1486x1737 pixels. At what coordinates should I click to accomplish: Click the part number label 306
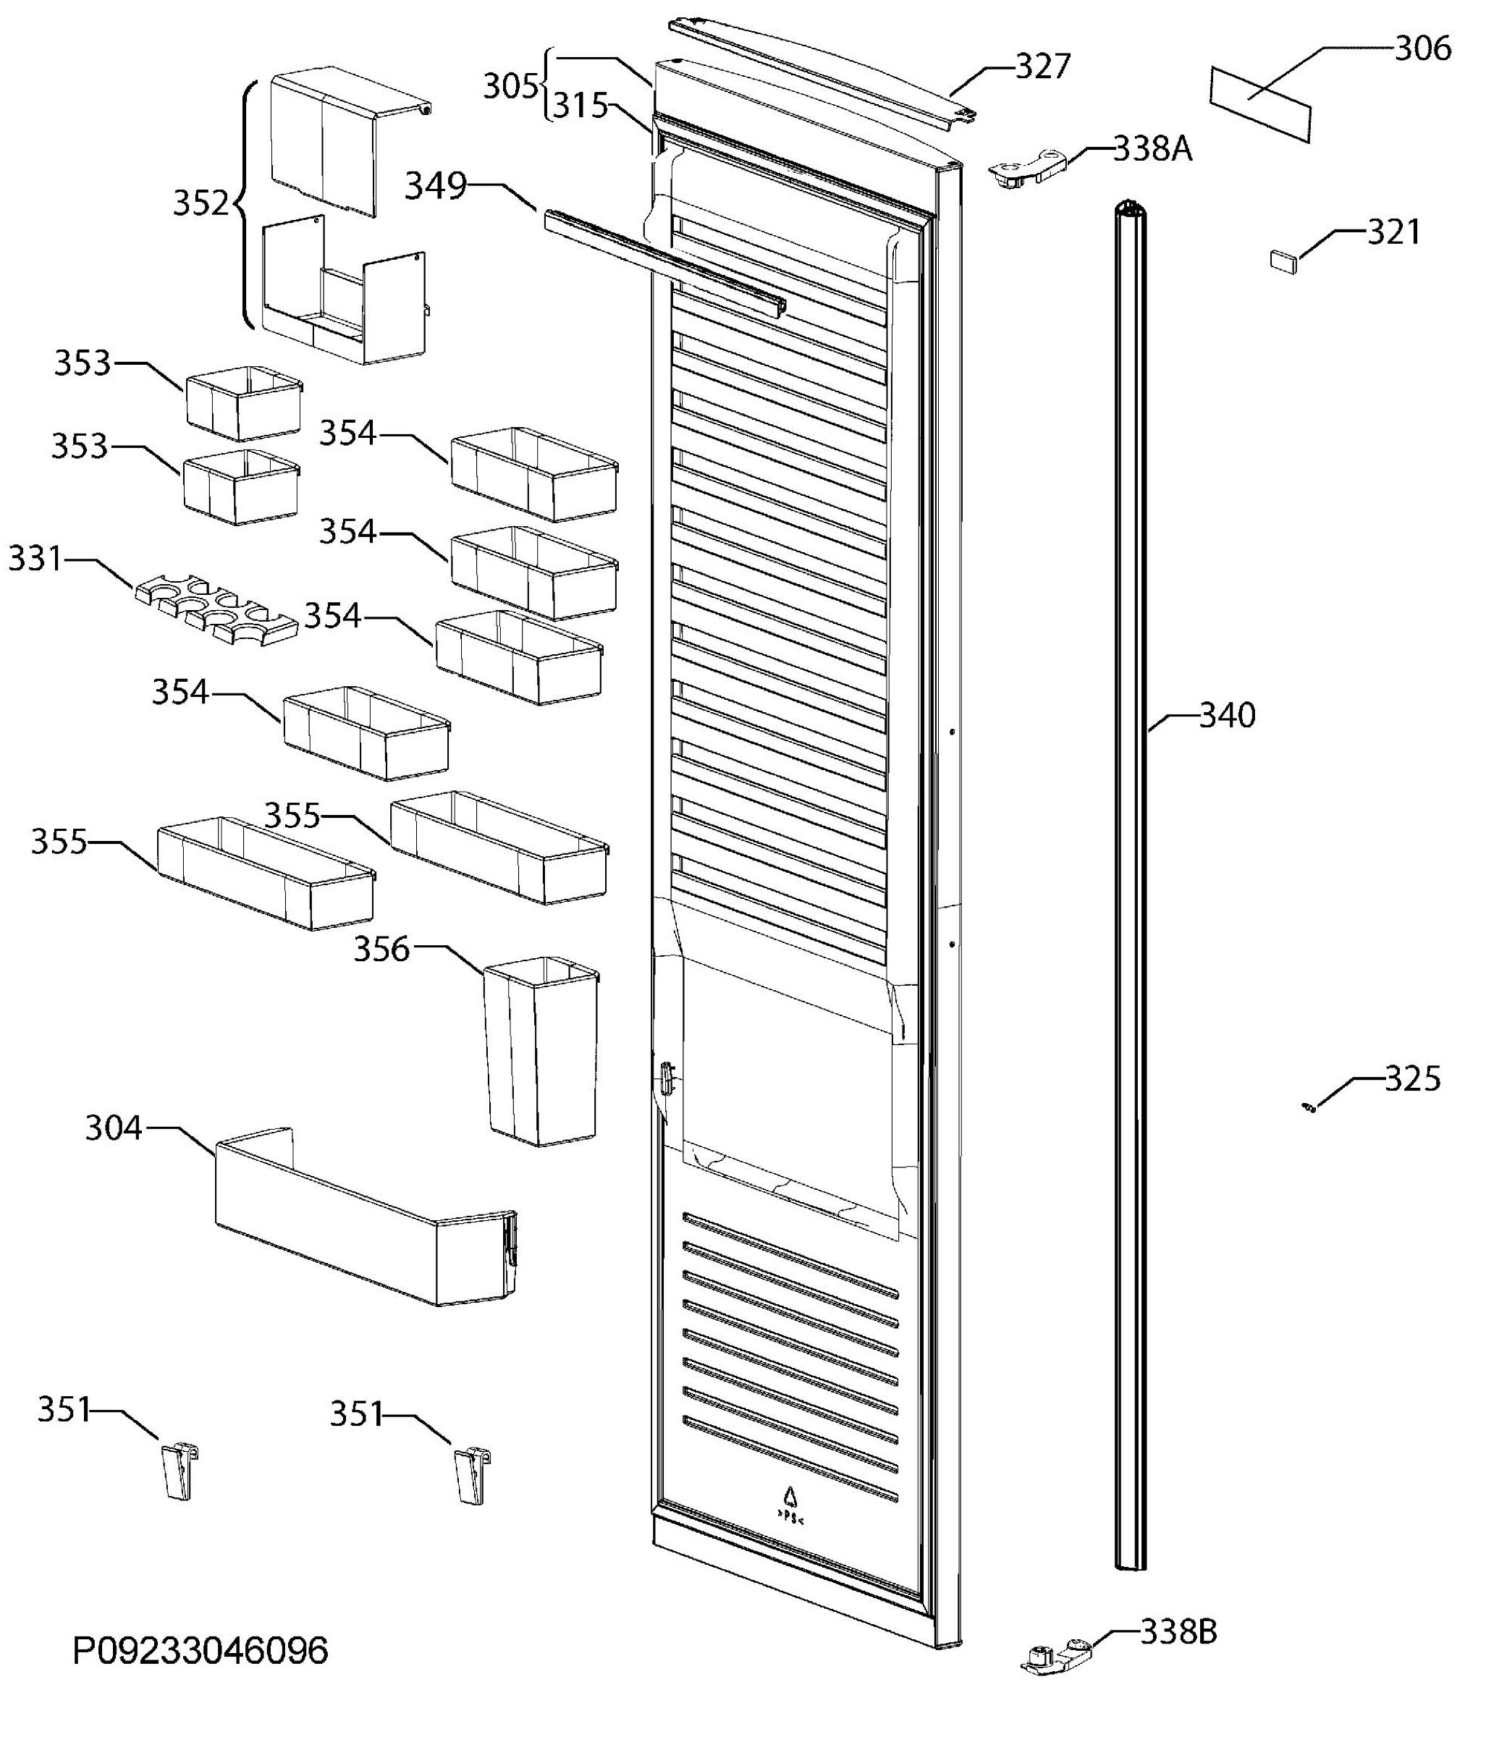coord(1423,48)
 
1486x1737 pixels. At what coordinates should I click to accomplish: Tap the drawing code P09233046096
coord(200,1652)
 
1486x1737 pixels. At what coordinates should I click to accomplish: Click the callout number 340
coord(1227,715)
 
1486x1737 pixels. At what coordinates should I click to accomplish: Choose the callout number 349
coord(435,186)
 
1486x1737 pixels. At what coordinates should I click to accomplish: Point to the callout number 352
coord(200,203)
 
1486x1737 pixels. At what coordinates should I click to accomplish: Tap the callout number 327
coord(1043,67)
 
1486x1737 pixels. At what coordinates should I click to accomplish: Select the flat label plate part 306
coord(1260,104)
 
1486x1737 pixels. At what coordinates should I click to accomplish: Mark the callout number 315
coord(580,106)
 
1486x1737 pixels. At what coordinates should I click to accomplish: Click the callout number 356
coord(381,950)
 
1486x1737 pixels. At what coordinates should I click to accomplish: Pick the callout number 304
coord(114,1128)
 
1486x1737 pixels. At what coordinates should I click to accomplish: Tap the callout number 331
coord(35,558)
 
